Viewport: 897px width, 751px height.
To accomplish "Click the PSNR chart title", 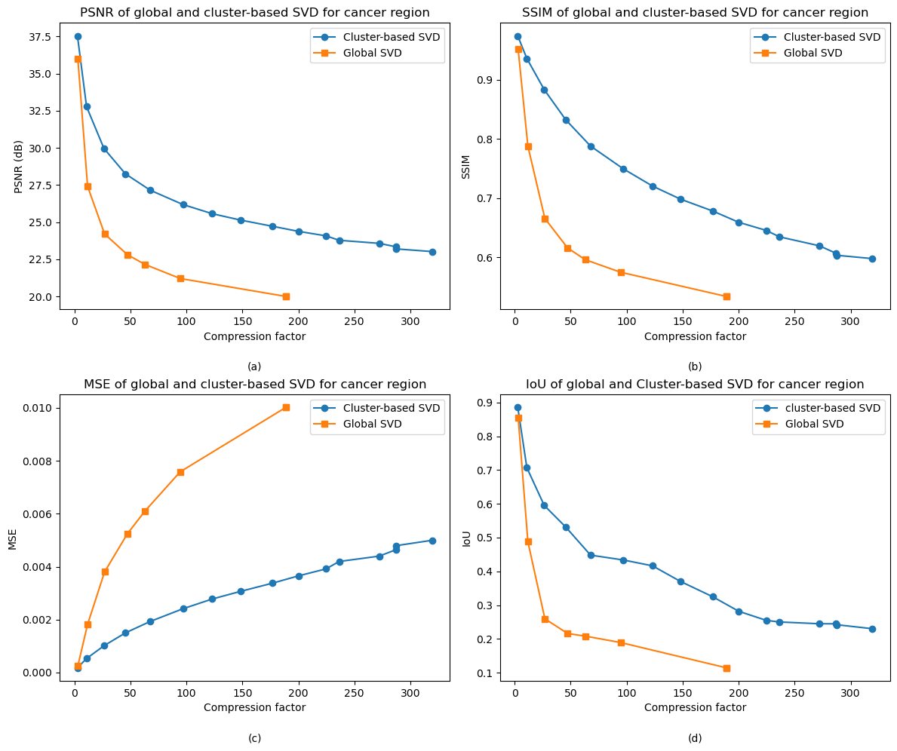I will pyautogui.click(x=254, y=13).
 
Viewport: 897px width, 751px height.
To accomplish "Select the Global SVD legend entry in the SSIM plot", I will pyautogui.click(x=813, y=53).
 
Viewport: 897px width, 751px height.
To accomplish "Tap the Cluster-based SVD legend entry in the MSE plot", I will pyautogui.click(x=391, y=409).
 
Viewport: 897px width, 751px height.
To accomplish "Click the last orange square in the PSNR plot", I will pyautogui.click(x=286, y=296).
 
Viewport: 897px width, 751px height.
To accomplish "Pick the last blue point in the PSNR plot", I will pyautogui.click(x=432, y=252).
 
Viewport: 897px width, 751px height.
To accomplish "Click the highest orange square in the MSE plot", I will pyautogui.click(x=286, y=407).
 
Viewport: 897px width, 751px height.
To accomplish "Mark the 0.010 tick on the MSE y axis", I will pyautogui.click(x=40, y=408).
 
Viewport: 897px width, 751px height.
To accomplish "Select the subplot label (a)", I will pyautogui.click(x=254, y=366).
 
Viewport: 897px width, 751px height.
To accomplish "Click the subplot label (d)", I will pyautogui.click(x=695, y=738).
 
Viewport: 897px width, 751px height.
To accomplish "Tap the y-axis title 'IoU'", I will pyautogui.click(x=467, y=538).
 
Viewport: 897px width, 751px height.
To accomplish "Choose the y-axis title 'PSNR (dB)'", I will pyautogui.click(x=18, y=167).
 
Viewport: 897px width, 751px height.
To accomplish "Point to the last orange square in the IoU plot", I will pyautogui.click(x=727, y=668).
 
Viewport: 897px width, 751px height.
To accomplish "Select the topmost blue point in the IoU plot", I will pyautogui.click(x=518, y=407).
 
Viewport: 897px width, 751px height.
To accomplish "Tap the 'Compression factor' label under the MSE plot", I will pyautogui.click(x=254, y=707).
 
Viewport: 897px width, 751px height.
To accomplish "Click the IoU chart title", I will pyautogui.click(x=695, y=385).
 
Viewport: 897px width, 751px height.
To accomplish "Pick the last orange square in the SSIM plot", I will pyautogui.click(x=727, y=296).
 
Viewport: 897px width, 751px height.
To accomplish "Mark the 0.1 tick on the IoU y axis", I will pyautogui.click(x=487, y=673).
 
